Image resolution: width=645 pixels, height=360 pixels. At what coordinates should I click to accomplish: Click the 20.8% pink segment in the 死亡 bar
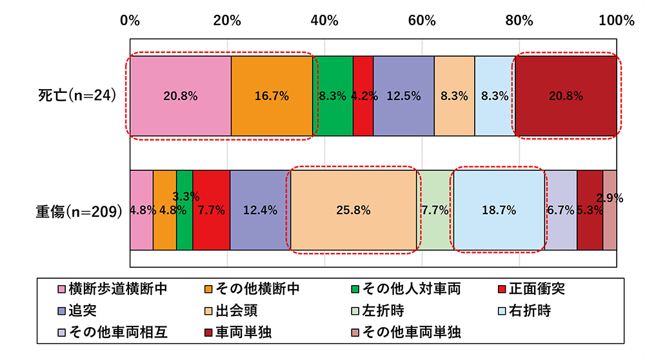click(x=181, y=95)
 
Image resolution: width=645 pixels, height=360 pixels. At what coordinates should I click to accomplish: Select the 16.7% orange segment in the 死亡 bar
click(x=272, y=95)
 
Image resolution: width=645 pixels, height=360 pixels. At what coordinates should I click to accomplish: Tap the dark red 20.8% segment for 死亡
click(x=566, y=95)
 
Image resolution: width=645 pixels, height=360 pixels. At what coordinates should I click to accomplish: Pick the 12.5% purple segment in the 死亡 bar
click(x=403, y=95)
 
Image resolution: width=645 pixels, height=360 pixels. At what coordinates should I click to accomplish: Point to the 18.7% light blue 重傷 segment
click(x=498, y=210)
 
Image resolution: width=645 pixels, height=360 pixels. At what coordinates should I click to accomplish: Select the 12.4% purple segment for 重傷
click(x=260, y=210)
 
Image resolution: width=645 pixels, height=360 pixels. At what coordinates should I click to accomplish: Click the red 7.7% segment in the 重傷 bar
click(x=211, y=210)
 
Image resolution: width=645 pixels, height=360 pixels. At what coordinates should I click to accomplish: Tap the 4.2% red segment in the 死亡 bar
click(x=363, y=95)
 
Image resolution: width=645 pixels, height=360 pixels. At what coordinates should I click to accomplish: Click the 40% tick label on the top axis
click(x=324, y=20)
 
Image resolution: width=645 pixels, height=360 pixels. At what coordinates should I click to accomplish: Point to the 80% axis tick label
click(x=519, y=20)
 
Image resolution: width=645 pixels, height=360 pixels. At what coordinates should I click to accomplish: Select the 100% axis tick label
click(x=617, y=20)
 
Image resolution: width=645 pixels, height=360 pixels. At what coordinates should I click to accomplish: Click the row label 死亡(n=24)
click(x=76, y=95)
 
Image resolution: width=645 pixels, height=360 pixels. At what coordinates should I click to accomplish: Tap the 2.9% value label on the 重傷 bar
click(x=610, y=199)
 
